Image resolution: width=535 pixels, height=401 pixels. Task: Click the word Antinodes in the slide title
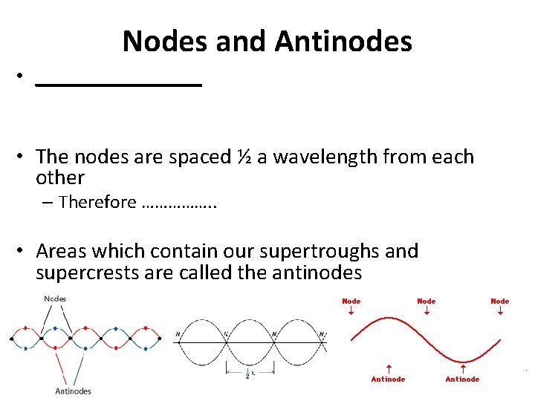pos(343,41)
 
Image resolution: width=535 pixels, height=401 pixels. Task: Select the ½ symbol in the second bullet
pos(244,157)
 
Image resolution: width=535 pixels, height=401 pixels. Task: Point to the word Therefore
pos(97,202)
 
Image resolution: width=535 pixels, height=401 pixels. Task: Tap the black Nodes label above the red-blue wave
pos(55,299)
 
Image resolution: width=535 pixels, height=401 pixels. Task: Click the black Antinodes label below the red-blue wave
pos(74,391)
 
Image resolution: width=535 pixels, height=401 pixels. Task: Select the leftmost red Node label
pos(351,301)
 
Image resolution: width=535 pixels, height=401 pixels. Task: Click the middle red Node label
pos(427,301)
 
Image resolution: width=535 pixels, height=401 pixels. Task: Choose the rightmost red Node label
pos(500,301)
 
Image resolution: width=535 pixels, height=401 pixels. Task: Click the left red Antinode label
pos(389,379)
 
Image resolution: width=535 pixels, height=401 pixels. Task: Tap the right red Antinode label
pos(462,379)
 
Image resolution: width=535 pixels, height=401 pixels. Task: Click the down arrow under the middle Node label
pos(427,312)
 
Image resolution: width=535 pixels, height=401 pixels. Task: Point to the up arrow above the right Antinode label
pos(462,368)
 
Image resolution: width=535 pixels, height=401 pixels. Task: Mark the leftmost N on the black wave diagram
pos(178,334)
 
